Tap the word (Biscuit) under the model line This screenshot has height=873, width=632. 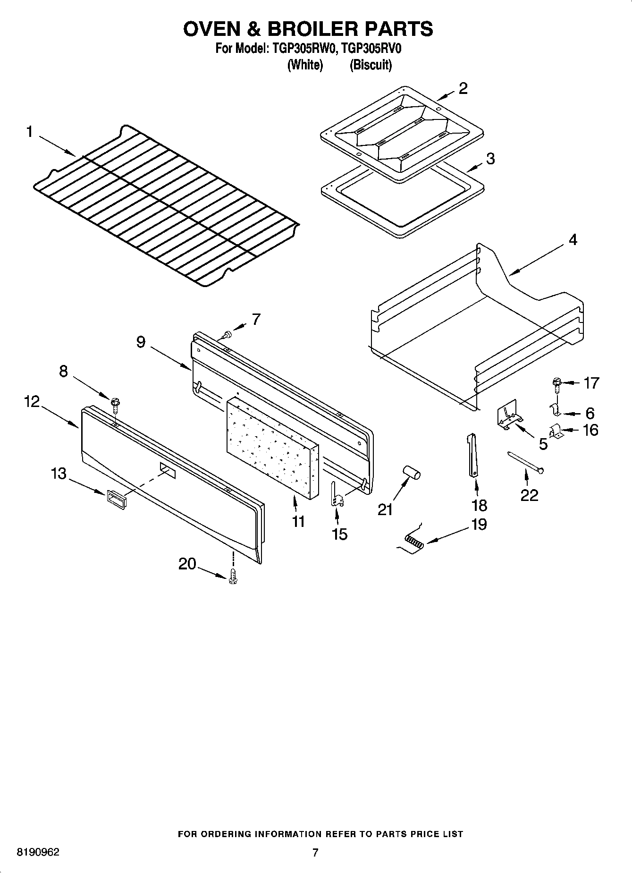tap(371, 65)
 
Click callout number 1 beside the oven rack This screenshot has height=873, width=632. tap(29, 132)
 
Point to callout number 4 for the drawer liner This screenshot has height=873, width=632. tap(573, 240)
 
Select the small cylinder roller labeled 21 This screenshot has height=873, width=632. tap(411, 473)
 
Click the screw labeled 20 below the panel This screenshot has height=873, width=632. tap(232, 577)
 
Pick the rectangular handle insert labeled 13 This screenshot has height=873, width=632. tap(117, 499)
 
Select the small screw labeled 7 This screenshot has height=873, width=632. tap(228, 335)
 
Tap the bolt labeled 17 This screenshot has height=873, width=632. tap(556, 383)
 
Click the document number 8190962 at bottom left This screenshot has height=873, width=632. tap(38, 853)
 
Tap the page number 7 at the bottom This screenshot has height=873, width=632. tap(315, 852)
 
